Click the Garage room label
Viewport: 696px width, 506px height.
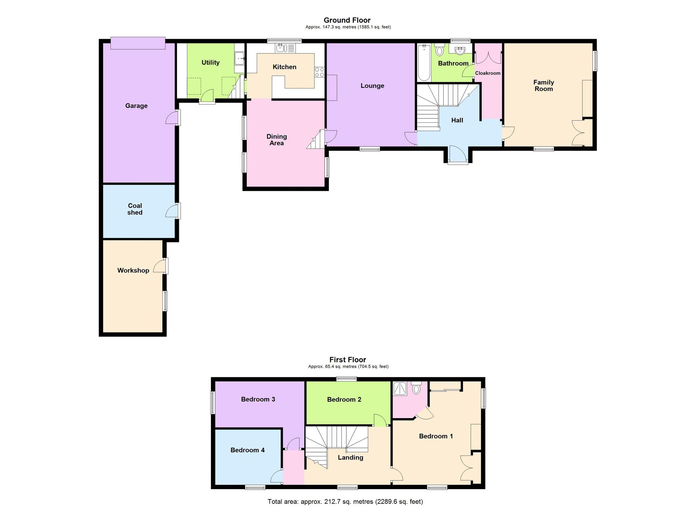point(136,106)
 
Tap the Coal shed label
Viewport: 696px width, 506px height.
point(135,209)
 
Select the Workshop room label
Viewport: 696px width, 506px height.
point(133,270)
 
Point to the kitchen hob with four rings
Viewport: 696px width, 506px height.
point(320,72)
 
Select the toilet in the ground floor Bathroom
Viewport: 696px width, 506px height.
point(439,50)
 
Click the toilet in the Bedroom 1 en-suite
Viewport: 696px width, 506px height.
point(416,388)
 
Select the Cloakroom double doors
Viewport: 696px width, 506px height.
point(488,57)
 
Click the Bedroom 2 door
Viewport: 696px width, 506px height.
point(380,420)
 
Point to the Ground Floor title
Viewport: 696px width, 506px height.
point(347,20)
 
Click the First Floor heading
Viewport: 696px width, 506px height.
point(348,360)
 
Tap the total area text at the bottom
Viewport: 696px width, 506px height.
point(345,501)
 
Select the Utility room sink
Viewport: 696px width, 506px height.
point(239,58)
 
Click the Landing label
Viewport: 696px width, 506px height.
point(350,458)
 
